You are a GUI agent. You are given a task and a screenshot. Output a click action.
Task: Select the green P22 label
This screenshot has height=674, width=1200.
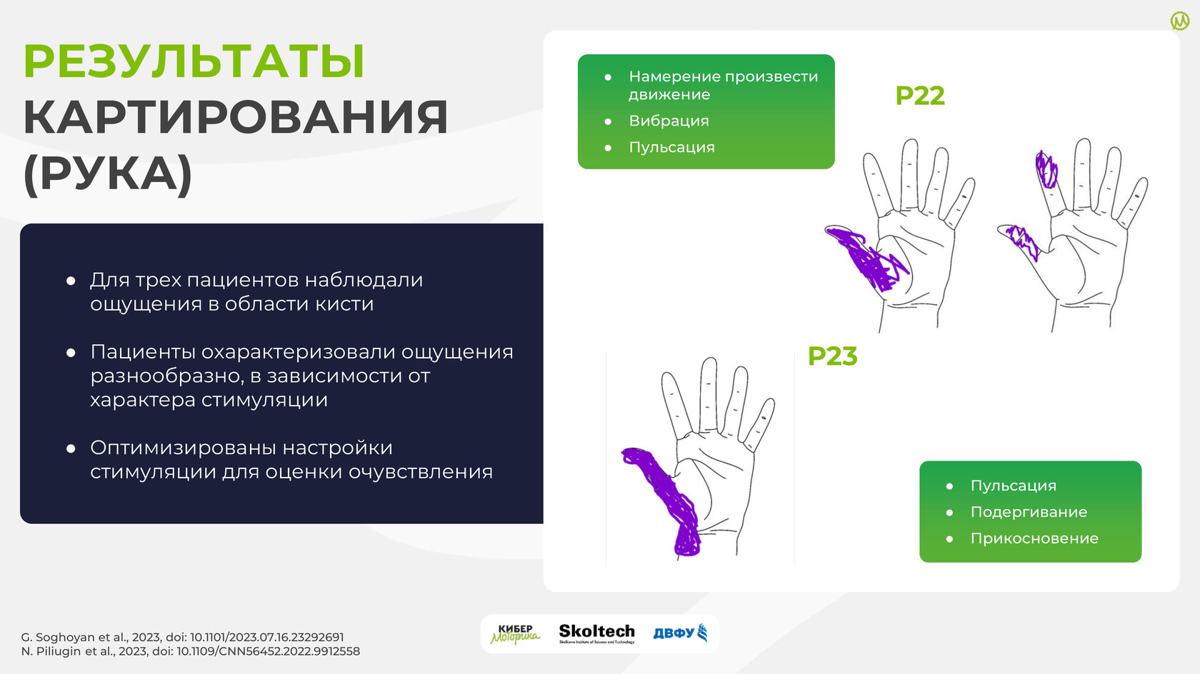[x=920, y=96]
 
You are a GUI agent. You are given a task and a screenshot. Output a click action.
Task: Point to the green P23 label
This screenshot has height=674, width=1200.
[x=833, y=356]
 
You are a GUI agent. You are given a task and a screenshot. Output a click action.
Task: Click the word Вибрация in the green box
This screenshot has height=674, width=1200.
[x=669, y=121]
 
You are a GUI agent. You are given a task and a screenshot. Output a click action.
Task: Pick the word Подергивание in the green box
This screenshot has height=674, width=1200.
[x=1029, y=513]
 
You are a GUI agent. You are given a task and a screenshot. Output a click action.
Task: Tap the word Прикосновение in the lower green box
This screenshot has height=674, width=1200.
[x=1034, y=538]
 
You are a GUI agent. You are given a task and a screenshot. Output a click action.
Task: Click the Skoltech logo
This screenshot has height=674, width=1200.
[x=597, y=633]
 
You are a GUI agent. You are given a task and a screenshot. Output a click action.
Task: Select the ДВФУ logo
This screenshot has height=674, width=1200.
[x=680, y=633]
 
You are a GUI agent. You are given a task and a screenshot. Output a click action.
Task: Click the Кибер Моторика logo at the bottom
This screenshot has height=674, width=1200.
[x=516, y=634]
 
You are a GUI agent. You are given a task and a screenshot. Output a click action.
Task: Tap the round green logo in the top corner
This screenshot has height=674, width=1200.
[x=1180, y=21]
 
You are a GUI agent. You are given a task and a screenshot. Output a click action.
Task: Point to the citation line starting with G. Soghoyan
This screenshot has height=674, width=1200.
[x=182, y=637]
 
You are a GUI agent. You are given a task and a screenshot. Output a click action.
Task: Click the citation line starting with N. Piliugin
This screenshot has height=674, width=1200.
[x=190, y=651]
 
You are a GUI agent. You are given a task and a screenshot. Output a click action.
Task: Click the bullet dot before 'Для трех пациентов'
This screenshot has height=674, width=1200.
[x=71, y=281]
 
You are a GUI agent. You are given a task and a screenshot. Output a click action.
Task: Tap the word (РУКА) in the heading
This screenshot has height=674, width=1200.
[x=108, y=174]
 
